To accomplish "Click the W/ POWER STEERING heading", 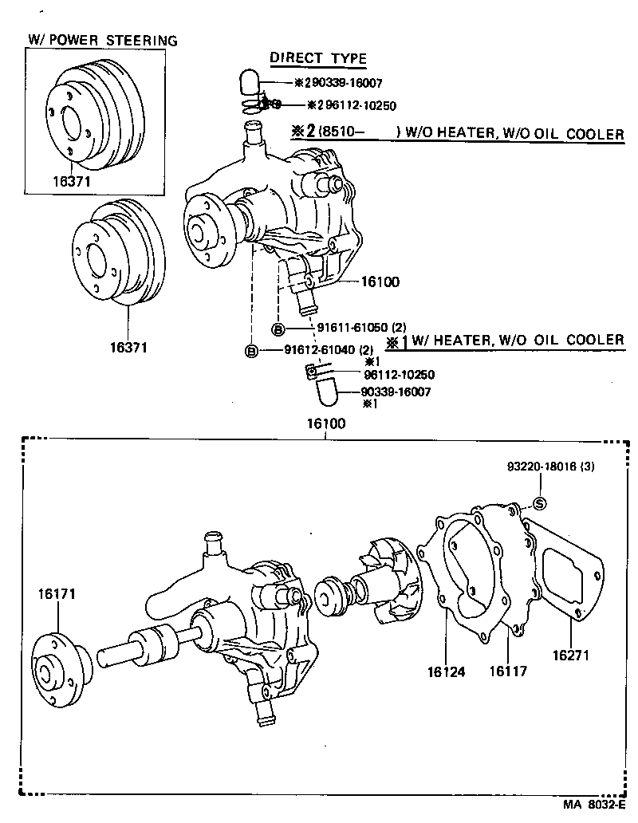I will click(x=103, y=40).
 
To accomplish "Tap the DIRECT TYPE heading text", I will click(x=317, y=57).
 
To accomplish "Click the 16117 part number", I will click(x=507, y=671).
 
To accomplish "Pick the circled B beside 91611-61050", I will click(x=278, y=329).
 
